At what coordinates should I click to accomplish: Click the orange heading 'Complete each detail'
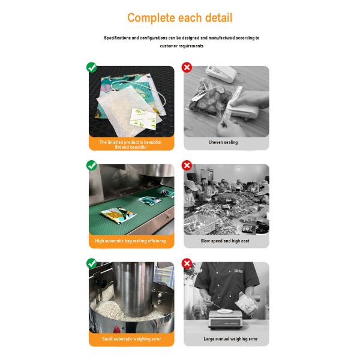tap(180, 18)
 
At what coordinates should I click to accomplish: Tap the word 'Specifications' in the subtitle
tap(118, 38)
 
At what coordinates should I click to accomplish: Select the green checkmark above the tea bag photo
tap(92, 67)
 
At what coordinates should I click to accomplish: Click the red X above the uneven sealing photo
tap(187, 67)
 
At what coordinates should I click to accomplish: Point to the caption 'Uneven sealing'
tap(223, 142)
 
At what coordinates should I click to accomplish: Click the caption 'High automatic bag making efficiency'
tap(131, 241)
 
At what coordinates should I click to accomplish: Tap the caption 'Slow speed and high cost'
tap(225, 241)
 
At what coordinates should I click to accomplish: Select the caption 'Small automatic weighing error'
tap(131, 339)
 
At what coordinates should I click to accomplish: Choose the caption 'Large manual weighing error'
tap(231, 339)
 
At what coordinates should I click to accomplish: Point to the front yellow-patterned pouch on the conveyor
tap(118, 215)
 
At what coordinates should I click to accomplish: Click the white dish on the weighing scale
tap(225, 311)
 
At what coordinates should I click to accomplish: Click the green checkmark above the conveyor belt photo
tap(92, 166)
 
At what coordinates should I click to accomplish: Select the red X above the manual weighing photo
tap(187, 263)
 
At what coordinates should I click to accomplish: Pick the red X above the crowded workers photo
tap(187, 166)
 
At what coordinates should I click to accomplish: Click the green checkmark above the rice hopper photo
tap(92, 263)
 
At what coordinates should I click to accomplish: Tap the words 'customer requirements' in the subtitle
tap(182, 46)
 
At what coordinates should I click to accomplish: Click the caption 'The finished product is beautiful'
tap(130, 142)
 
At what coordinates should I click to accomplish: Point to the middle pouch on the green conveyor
tap(149, 200)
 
